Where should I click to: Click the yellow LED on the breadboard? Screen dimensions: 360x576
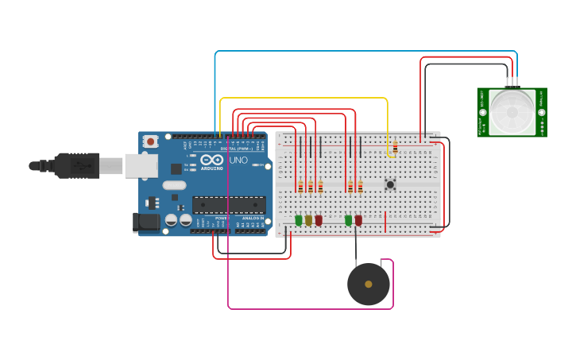(308, 220)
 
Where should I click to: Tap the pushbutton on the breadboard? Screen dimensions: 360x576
(390, 184)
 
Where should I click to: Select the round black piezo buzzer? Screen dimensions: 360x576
(369, 284)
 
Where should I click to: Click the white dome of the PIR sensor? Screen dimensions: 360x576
(512, 112)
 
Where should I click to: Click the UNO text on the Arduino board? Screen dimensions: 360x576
(238, 160)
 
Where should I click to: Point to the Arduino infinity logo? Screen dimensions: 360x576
(211, 160)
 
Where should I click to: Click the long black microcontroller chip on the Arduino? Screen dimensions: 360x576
(229, 204)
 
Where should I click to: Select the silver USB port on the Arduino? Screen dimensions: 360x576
(141, 165)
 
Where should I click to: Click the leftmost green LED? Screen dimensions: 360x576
(299, 220)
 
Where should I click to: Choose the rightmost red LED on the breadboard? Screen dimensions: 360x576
(358, 220)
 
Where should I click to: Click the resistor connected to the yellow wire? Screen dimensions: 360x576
(395, 147)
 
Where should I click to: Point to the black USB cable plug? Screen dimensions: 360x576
(75, 165)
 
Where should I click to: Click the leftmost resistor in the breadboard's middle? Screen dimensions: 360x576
(300, 187)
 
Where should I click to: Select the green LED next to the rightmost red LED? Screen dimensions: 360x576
(348, 220)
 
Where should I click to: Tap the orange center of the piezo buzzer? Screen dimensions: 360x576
(369, 284)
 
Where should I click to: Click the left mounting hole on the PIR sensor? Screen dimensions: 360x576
(482, 112)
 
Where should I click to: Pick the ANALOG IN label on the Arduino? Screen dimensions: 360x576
(253, 218)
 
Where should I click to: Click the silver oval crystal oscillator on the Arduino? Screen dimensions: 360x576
(174, 185)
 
